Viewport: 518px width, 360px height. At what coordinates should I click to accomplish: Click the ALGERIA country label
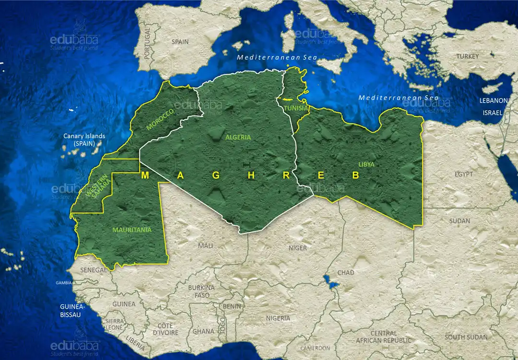[238, 137]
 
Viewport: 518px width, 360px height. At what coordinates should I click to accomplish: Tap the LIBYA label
[366, 164]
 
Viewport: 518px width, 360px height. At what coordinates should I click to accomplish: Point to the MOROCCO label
[160, 119]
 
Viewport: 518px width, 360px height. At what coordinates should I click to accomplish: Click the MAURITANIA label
[131, 230]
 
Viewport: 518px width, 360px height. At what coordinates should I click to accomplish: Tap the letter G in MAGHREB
[216, 175]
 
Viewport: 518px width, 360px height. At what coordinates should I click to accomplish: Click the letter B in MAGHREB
[355, 175]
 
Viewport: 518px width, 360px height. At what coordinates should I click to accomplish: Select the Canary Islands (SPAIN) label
[84, 140]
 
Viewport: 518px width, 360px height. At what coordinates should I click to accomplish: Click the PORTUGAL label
[147, 43]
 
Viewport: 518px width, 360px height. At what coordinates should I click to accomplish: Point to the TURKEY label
[467, 57]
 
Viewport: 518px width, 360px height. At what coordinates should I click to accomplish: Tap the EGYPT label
[464, 174]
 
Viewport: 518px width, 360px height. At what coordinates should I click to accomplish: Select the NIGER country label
[297, 248]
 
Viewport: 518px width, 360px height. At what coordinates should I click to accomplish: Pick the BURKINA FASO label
[201, 291]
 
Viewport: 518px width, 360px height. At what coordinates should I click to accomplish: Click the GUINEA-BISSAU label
[72, 311]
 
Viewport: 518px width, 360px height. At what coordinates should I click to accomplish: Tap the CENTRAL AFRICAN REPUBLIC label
[383, 337]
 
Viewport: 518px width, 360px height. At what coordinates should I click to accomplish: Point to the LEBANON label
[494, 101]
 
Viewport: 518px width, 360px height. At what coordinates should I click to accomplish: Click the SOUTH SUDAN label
[467, 337]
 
